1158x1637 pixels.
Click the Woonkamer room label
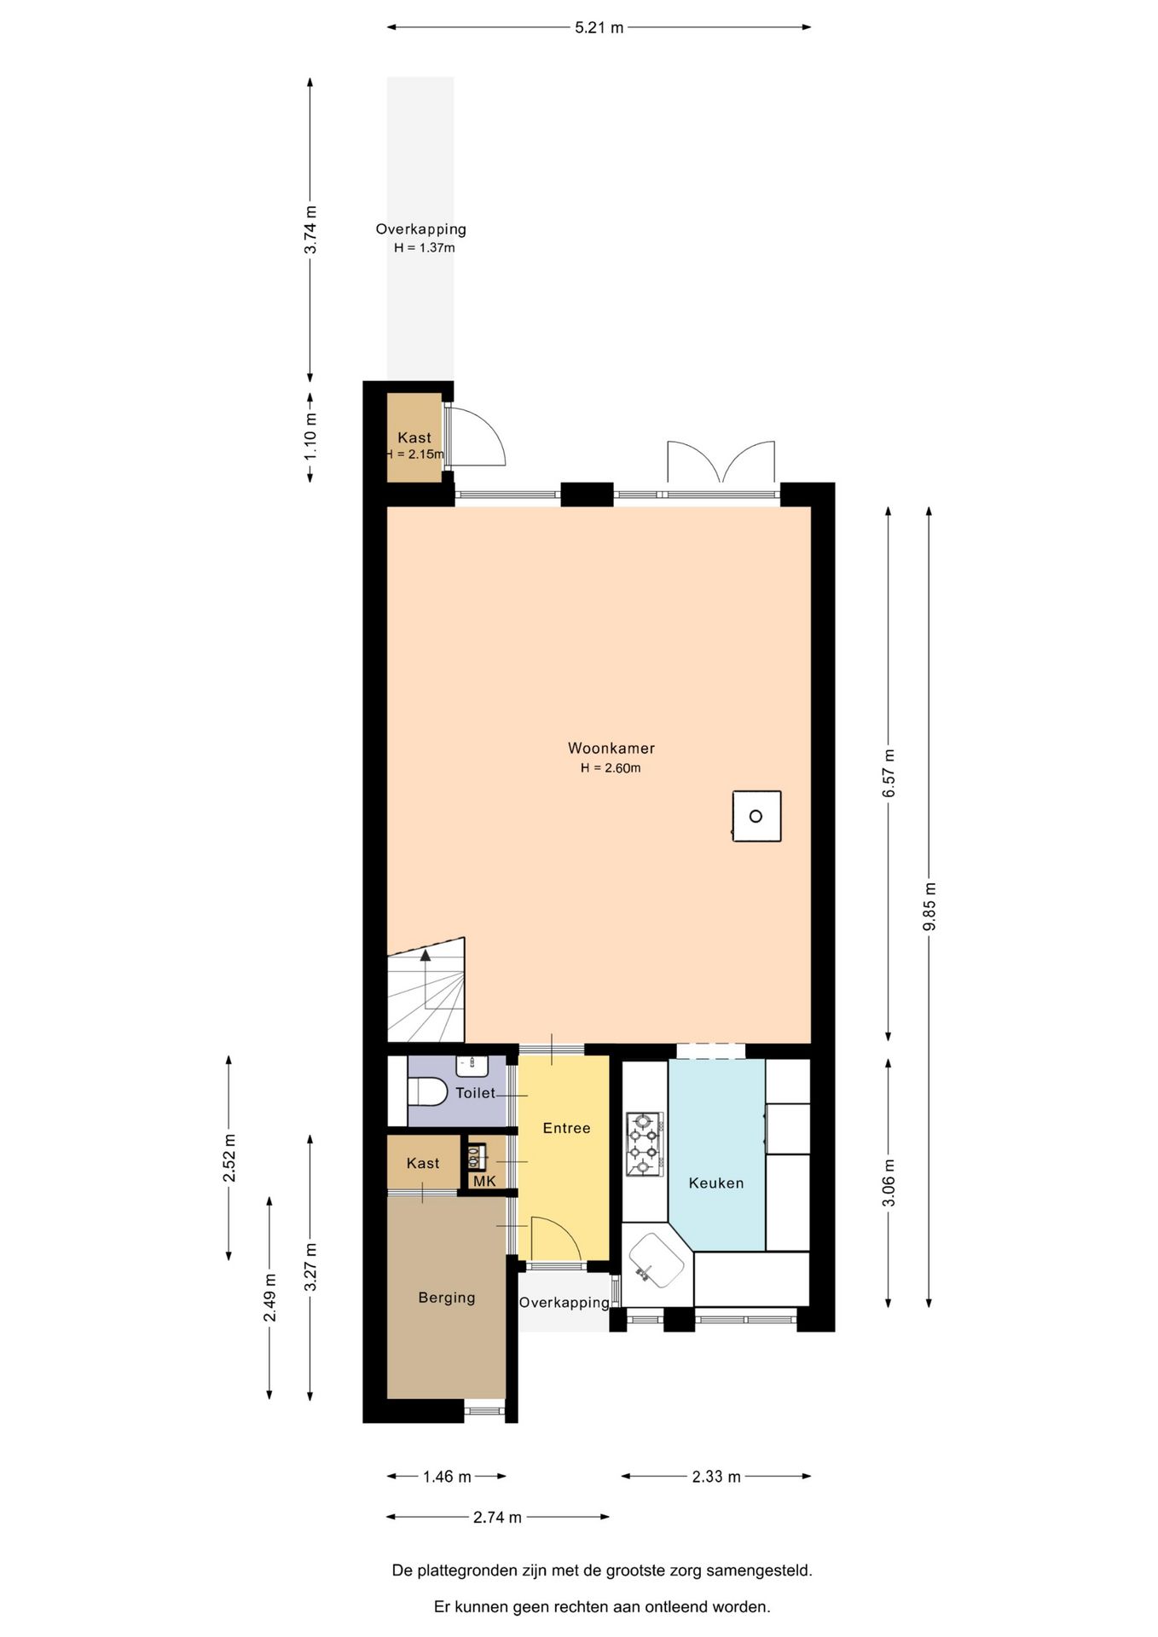611,748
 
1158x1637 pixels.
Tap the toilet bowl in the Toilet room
427,1091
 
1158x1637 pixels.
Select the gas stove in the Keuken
644,1143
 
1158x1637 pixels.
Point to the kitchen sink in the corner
657,1262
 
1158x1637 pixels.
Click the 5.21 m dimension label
599,27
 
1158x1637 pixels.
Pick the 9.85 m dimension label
929,906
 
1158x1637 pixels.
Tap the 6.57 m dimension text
889,773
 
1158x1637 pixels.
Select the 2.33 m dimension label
716,1477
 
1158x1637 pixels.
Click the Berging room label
447,1298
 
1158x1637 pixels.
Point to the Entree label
566,1128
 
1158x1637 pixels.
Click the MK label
484,1181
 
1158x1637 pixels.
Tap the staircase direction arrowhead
426,955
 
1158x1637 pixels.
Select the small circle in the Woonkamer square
756,816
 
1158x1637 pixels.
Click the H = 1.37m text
424,248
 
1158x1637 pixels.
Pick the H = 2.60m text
611,768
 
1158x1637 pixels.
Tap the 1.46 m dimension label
447,1477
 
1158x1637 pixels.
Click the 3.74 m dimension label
310,229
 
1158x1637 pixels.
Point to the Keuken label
716,1183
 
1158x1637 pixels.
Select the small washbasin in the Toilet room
472,1065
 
